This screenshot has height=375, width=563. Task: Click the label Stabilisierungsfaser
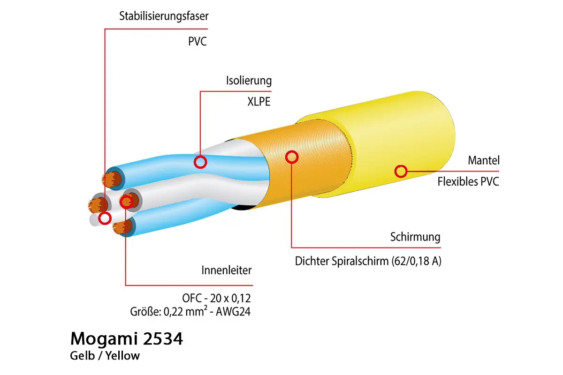click(x=164, y=16)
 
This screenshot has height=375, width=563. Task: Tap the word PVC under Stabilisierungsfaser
click(x=197, y=42)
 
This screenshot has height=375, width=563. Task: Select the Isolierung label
click(x=249, y=81)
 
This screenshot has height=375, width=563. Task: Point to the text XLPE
click(x=259, y=102)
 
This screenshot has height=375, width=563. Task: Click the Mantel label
click(x=483, y=161)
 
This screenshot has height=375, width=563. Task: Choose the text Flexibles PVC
click(x=468, y=182)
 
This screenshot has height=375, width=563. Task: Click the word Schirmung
click(x=415, y=237)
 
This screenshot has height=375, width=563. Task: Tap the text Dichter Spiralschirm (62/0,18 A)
click(x=368, y=262)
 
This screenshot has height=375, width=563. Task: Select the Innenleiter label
click(x=227, y=270)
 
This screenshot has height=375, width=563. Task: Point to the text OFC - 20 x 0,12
click(x=216, y=298)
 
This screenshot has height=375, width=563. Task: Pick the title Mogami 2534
click(x=126, y=339)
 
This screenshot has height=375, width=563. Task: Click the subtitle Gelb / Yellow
click(x=105, y=356)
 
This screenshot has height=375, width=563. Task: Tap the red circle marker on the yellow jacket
click(x=401, y=171)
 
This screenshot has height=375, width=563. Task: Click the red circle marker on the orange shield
click(x=292, y=157)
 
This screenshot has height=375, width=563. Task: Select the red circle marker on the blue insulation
click(x=200, y=162)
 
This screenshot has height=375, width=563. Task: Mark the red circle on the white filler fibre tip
click(x=105, y=217)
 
